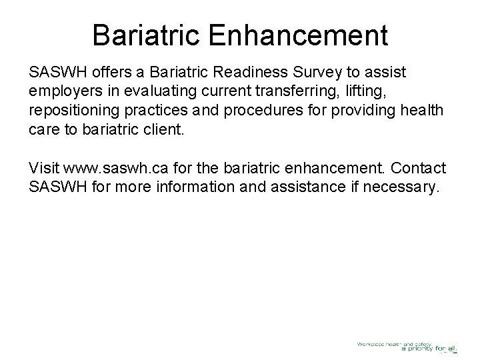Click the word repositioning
69,109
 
